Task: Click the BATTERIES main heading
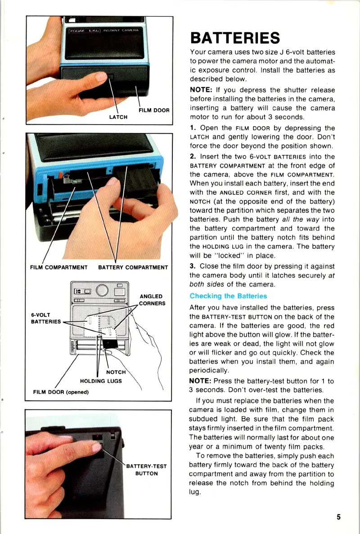tap(234, 37)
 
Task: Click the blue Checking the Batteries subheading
tap(228, 296)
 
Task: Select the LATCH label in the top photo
tap(118, 117)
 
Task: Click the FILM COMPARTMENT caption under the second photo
tap(58, 268)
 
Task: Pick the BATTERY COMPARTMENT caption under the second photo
tap(133, 268)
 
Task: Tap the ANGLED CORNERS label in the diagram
tap(152, 300)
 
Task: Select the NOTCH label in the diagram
tap(116, 372)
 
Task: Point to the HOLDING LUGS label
tap(101, 381)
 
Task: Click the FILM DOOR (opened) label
tap(61, 392)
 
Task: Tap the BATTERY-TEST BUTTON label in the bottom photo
tap(146, 470)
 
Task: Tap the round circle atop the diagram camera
tap(102, 289)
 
